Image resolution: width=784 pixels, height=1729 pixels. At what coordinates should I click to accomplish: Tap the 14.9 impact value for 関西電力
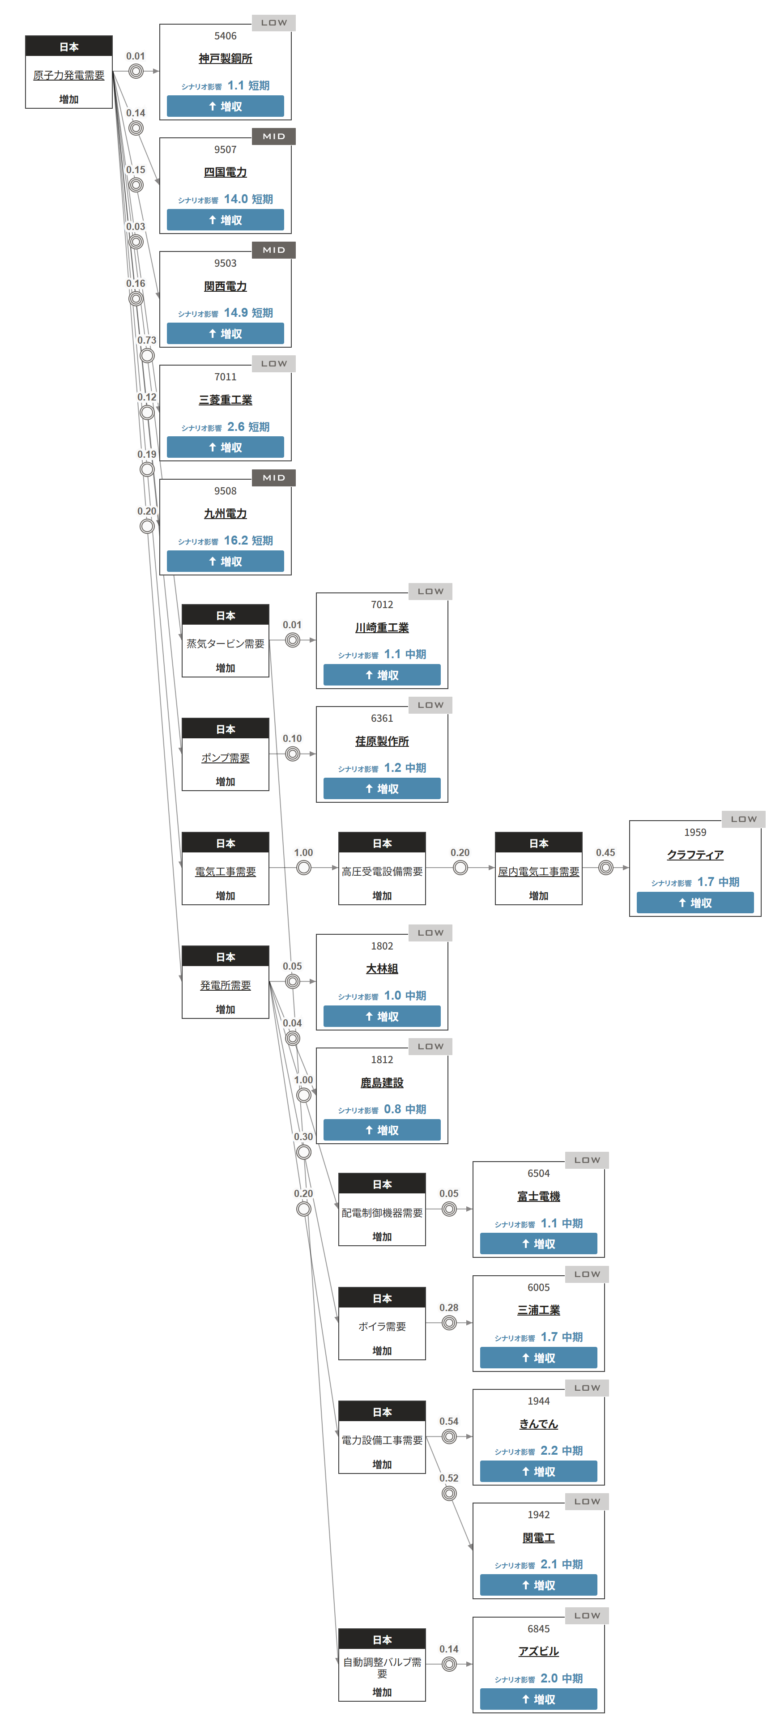click(235, 313)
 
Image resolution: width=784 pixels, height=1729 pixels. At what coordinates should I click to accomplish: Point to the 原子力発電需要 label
click(68, 75)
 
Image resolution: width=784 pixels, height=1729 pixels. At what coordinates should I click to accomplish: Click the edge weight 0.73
click(146, 340)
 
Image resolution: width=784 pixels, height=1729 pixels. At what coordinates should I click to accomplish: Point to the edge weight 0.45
click(605, 852)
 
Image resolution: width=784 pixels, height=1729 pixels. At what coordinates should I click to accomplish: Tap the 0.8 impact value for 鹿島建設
click(392, 1110)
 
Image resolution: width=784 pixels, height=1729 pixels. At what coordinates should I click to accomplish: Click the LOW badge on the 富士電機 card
click(587, 1161)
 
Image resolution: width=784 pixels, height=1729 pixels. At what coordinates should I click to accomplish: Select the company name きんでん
click(538, 1424)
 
